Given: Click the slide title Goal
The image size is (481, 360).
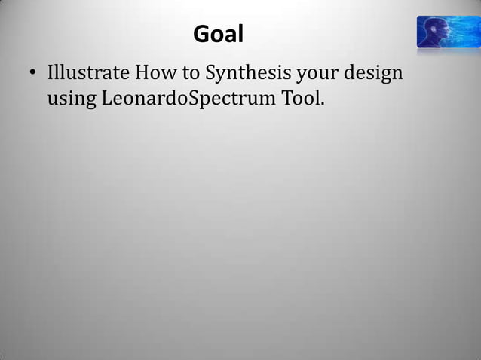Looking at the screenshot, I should point(219,35).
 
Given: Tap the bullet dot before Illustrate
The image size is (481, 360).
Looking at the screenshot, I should point(32,75).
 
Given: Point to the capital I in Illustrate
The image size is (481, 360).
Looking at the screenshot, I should point(51,75).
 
